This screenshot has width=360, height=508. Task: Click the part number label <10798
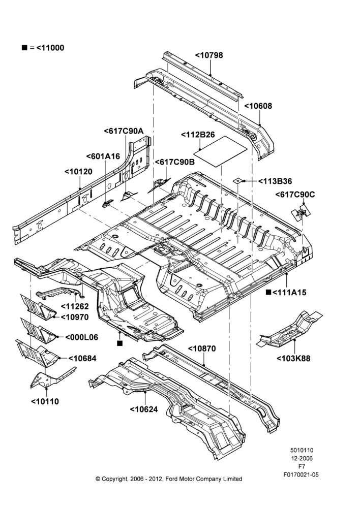209,55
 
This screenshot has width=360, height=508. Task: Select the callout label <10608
258,106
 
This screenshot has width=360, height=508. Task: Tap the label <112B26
198,135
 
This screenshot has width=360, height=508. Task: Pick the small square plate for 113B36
238,180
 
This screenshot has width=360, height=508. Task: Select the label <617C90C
295,195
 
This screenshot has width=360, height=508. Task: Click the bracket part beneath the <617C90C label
301,212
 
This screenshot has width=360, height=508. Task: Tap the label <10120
78,172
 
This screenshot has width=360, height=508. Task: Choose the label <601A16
103,156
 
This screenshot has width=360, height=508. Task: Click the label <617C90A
124,131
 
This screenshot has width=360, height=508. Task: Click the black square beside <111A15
268,292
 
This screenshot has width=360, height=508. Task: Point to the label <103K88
293,358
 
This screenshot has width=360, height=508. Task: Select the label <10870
202,348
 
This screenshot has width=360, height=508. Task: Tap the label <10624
144,409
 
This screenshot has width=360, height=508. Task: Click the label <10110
45,401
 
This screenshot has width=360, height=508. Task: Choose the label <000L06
82,337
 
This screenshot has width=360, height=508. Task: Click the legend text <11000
50,48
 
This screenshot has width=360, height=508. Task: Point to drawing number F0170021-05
301,474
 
